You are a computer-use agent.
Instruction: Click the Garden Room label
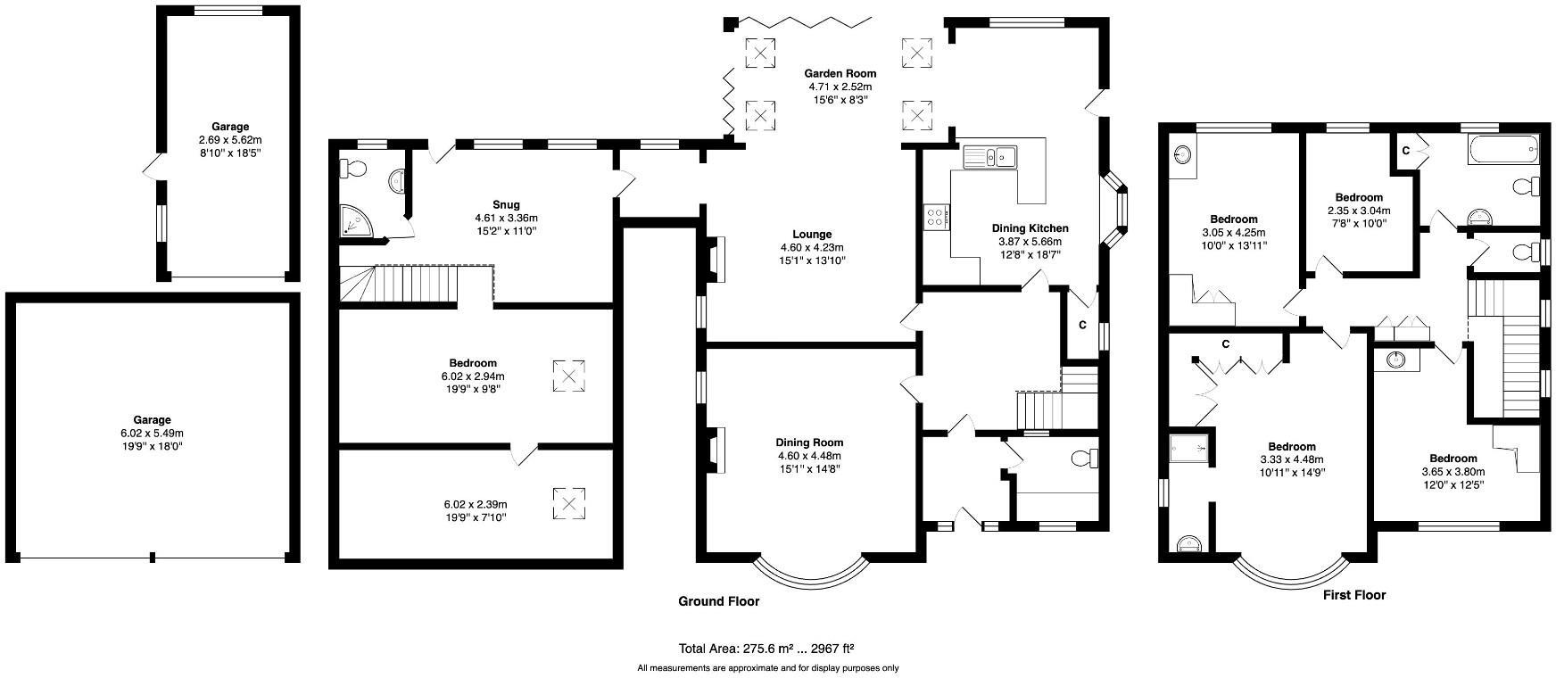tap(840, 73)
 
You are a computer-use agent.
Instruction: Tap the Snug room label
tap(506, 204)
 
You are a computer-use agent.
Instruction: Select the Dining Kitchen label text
tap(1030, 228)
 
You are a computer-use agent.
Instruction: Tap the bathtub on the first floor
tap(1503, 150)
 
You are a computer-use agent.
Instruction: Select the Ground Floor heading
tap(718, 601)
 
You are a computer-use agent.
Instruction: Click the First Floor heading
tap(1353, 594)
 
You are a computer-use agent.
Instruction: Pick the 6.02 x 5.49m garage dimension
tap(153, 433)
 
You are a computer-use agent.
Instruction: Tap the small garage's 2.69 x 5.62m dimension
tap(230, 140)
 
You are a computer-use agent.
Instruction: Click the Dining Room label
tap(809, 442)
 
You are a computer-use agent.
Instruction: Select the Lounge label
tap(811, 235)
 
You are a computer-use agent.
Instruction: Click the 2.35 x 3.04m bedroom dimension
tap(1359, 211)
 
